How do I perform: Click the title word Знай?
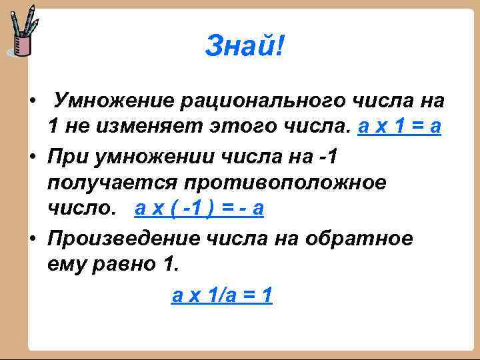(x=244, y=46)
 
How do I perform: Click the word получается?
(x=112, y=182)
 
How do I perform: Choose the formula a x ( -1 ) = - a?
(x=199, y=209)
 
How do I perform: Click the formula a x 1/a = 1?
(x=222, y=294)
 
